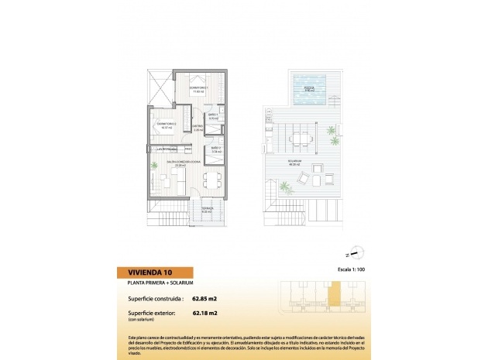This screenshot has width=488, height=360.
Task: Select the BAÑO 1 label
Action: [213, 117]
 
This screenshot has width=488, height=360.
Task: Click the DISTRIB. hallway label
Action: [198, 128]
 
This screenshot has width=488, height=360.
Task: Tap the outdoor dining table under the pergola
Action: [298, 139]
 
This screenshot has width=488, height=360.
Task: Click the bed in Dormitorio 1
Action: [198, 81]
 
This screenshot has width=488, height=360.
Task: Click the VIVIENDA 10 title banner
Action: [143, 272]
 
